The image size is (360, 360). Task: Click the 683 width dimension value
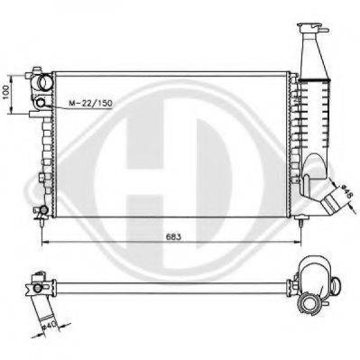coord(174,236)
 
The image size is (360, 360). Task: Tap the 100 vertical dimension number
coord(5,93)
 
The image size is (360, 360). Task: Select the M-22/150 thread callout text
coord(90,103)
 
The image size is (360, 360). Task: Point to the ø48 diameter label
coord(346,191)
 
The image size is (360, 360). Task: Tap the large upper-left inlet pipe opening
coord(46,82)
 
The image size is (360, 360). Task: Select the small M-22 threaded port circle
coord(41,103)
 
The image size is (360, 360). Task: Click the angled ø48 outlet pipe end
coord(331,203)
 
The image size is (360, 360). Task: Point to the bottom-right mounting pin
coord(300,223)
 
